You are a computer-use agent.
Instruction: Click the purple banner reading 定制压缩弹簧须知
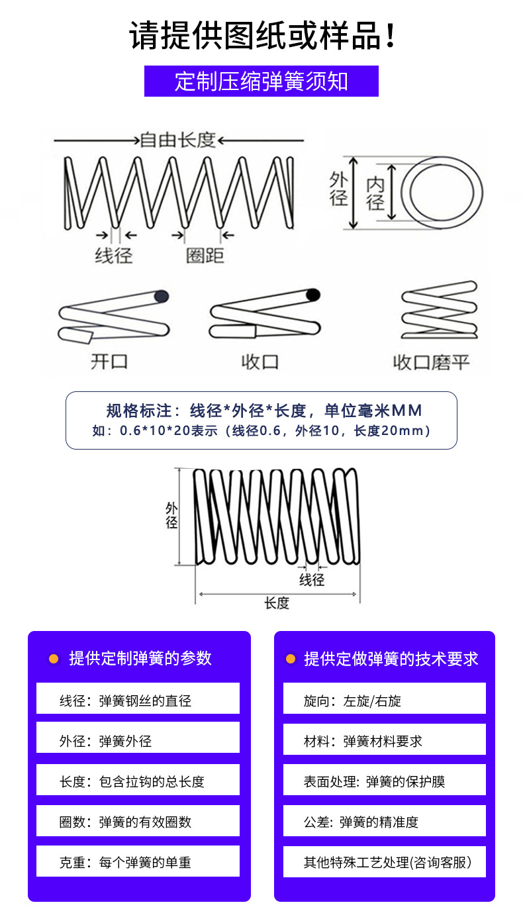point(261,81)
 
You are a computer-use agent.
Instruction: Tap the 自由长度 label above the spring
point(178,140)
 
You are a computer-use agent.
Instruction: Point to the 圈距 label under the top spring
point(205,256)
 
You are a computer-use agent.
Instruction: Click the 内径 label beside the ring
point(375,193)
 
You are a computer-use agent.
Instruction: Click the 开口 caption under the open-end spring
point(110,362)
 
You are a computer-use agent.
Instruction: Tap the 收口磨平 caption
point(431,362)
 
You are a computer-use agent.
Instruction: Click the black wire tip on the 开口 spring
point(161,296)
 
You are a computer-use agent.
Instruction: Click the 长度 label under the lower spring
point(277,603)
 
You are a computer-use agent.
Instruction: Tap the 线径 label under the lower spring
point(312,580)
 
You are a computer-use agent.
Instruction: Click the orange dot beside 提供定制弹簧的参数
point(54,659)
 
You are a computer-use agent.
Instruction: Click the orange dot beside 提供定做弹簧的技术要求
point(290,659)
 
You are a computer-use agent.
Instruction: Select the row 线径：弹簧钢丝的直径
point(138,700)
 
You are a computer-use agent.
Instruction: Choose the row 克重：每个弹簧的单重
point(138,862)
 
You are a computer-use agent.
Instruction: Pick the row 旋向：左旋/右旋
point(384,700)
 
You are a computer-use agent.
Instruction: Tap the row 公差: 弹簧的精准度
point(384,822)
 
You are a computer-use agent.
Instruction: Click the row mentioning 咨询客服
point(384,862)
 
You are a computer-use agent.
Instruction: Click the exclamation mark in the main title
point(390,36)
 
